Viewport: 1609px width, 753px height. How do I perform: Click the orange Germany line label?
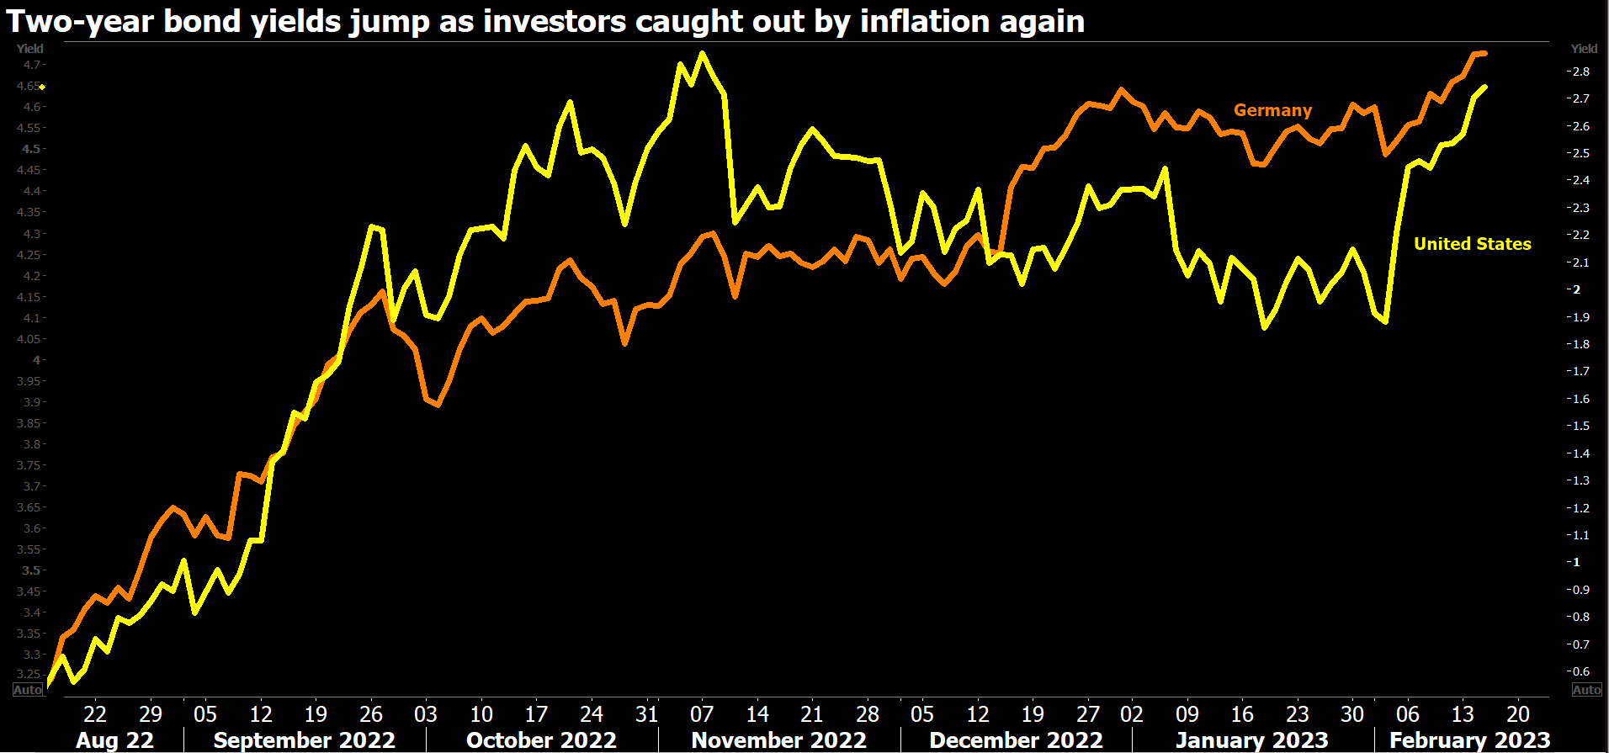(1272, 110)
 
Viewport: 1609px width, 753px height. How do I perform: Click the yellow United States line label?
(1472, 244)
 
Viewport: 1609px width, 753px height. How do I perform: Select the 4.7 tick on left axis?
(32, 65)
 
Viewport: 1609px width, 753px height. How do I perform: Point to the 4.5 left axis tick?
(31, 149)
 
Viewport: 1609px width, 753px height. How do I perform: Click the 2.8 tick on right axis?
(1580, 72)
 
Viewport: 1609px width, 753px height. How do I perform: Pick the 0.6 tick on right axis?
(1580, 671)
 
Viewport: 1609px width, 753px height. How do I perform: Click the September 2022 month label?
(304, 740)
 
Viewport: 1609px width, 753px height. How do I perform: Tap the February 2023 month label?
(1469, 740)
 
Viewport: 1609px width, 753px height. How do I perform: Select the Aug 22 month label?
(114, 740)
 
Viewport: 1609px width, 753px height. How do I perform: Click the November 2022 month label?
(778, 740)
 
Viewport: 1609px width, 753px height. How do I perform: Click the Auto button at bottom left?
(28, 690)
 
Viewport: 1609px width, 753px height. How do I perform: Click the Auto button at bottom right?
(1586, 690)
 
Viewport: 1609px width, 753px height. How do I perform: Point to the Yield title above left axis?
(29, 49)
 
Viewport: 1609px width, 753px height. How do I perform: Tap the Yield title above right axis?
(1584, 49)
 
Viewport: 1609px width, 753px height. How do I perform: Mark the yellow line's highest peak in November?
(703, 54)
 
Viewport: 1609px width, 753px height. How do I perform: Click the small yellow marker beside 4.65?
(42, 87)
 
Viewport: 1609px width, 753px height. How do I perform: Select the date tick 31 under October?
(646, 714)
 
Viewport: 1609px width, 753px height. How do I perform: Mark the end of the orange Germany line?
(1484, 53)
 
